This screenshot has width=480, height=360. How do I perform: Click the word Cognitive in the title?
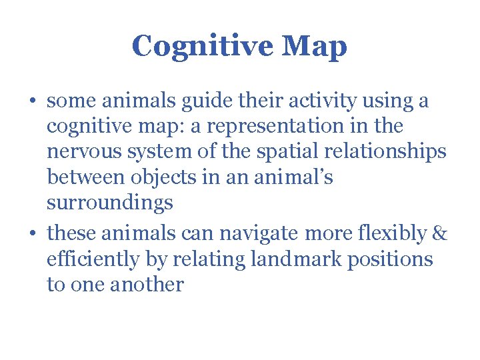[201, 47]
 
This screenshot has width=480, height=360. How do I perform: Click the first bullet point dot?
[32, 102]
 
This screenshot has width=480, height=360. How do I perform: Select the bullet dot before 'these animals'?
[32, 234]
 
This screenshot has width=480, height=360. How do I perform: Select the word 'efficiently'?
[93, 259]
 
